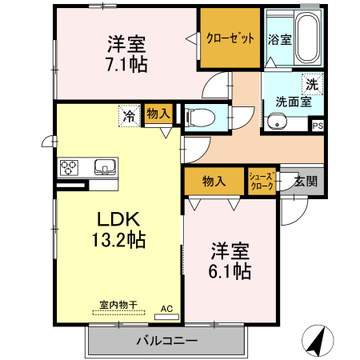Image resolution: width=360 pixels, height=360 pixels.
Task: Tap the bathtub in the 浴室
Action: [x=303, y=40]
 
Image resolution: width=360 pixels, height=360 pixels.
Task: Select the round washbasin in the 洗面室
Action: [x=276, y=122]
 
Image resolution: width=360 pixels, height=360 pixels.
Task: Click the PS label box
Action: [x=318, y=126]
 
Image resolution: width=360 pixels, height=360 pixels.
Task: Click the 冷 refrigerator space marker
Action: [x=128, y=115]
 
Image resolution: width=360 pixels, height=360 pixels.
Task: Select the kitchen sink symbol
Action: [x=105, y=168]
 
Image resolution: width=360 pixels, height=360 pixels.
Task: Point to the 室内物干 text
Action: [x=118, y=304]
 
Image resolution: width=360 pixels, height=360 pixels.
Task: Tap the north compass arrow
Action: [x=318, y=342]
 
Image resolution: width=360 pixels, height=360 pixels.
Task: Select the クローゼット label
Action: [x=230, y=38]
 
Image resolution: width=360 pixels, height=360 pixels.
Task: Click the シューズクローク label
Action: [x=262, y=181]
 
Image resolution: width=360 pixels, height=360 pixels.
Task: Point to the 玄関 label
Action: [x=305, y=181]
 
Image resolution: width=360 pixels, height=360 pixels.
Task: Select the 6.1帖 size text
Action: [x=231, y=271]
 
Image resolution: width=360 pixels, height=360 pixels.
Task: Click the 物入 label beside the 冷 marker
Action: [x=158, y=114]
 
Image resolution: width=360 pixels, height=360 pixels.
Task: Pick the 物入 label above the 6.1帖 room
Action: [x=214, y=181]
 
